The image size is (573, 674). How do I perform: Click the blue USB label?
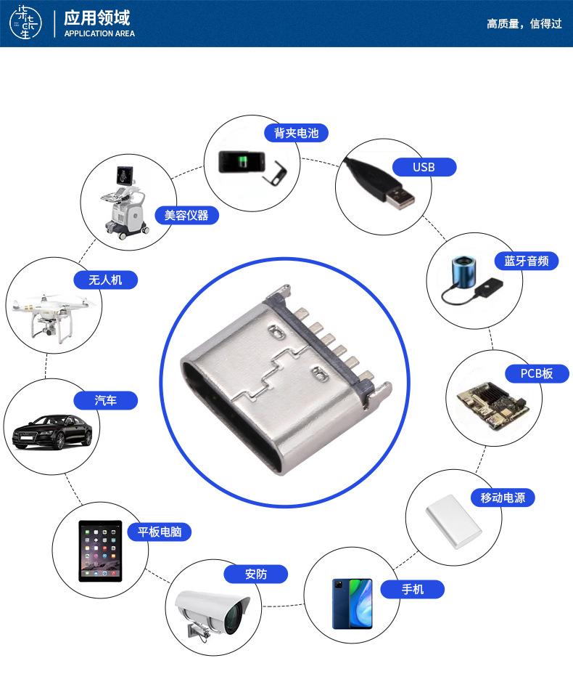click(424, 168)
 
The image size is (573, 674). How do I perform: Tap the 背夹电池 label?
click(296, 132)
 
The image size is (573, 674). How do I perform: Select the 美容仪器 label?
click(186, 215)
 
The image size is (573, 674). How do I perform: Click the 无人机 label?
click(105, 280)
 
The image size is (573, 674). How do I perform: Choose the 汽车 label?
click(105, 400)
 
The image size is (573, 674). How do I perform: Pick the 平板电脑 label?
click(160, 532)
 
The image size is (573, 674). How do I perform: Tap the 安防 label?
click(256, 574)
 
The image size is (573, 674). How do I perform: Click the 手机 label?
click(413, 589)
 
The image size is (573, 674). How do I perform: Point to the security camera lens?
click(233, 618)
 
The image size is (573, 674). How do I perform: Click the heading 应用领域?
click(97, 17)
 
